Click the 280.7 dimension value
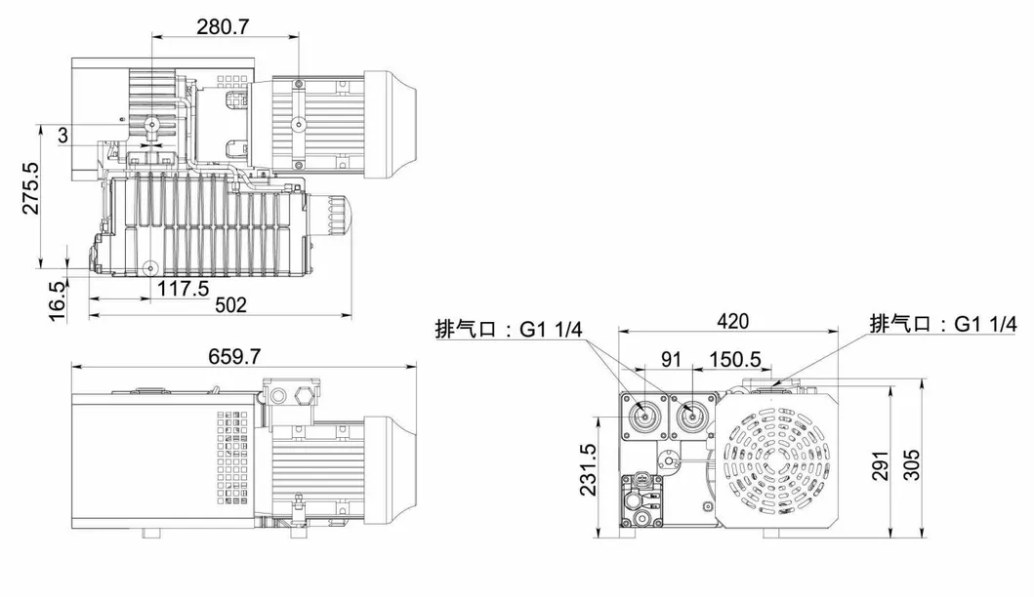pos(224,26)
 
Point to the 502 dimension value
pos(230,304)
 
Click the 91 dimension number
pos(671,359)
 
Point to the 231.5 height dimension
pos(588,470)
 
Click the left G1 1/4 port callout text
pos(509,328)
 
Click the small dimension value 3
pos(63,137)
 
